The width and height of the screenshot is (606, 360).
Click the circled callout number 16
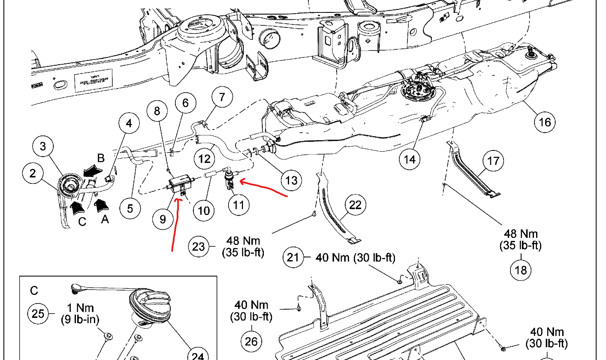tap(545, 122)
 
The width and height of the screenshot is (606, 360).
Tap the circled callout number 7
tap(221, 97)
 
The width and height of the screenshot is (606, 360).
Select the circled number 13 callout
tap(291, 180)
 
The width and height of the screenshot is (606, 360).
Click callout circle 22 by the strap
tap(356, 206)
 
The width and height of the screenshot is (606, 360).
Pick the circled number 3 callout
tap(43, 147)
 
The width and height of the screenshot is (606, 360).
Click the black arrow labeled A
tap(101, 205)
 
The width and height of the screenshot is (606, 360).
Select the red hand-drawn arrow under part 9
tap(174, 223)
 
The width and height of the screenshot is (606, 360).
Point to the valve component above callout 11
tap(231, 176)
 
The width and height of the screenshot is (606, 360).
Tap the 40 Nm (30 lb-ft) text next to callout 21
tap(355, 258)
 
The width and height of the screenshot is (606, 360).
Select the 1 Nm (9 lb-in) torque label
tap(81, 313)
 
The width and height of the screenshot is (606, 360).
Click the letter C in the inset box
tap(34, 291)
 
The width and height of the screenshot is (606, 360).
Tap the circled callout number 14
tap(410, 159)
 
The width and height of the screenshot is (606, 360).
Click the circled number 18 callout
tap(521, 270)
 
